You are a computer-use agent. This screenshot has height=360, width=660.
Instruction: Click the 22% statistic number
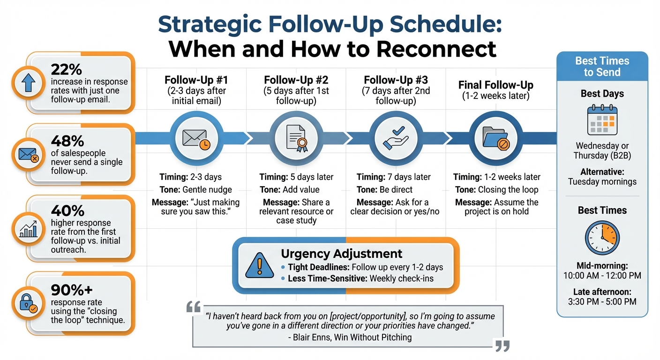point(66,69)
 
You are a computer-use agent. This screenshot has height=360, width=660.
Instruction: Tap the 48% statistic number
point(67,141)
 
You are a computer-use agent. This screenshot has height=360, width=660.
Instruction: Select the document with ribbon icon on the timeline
point(295,138)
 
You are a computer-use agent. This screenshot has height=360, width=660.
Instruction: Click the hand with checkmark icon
point(396,138)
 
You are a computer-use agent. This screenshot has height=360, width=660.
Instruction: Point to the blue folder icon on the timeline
point(495,138)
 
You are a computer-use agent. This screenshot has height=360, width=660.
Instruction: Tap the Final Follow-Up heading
point(495,85)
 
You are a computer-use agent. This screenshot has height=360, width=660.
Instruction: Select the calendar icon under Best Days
point(602,120)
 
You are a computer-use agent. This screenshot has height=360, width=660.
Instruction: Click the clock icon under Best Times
point(602,238)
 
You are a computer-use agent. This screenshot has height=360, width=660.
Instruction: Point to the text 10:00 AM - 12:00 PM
point(602,276)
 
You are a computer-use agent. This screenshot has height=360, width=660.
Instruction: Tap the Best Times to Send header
point(602,67)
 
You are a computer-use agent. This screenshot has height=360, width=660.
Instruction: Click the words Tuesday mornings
point(602,181)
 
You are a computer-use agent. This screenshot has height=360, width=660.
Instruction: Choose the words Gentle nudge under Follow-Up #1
point(207,189)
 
